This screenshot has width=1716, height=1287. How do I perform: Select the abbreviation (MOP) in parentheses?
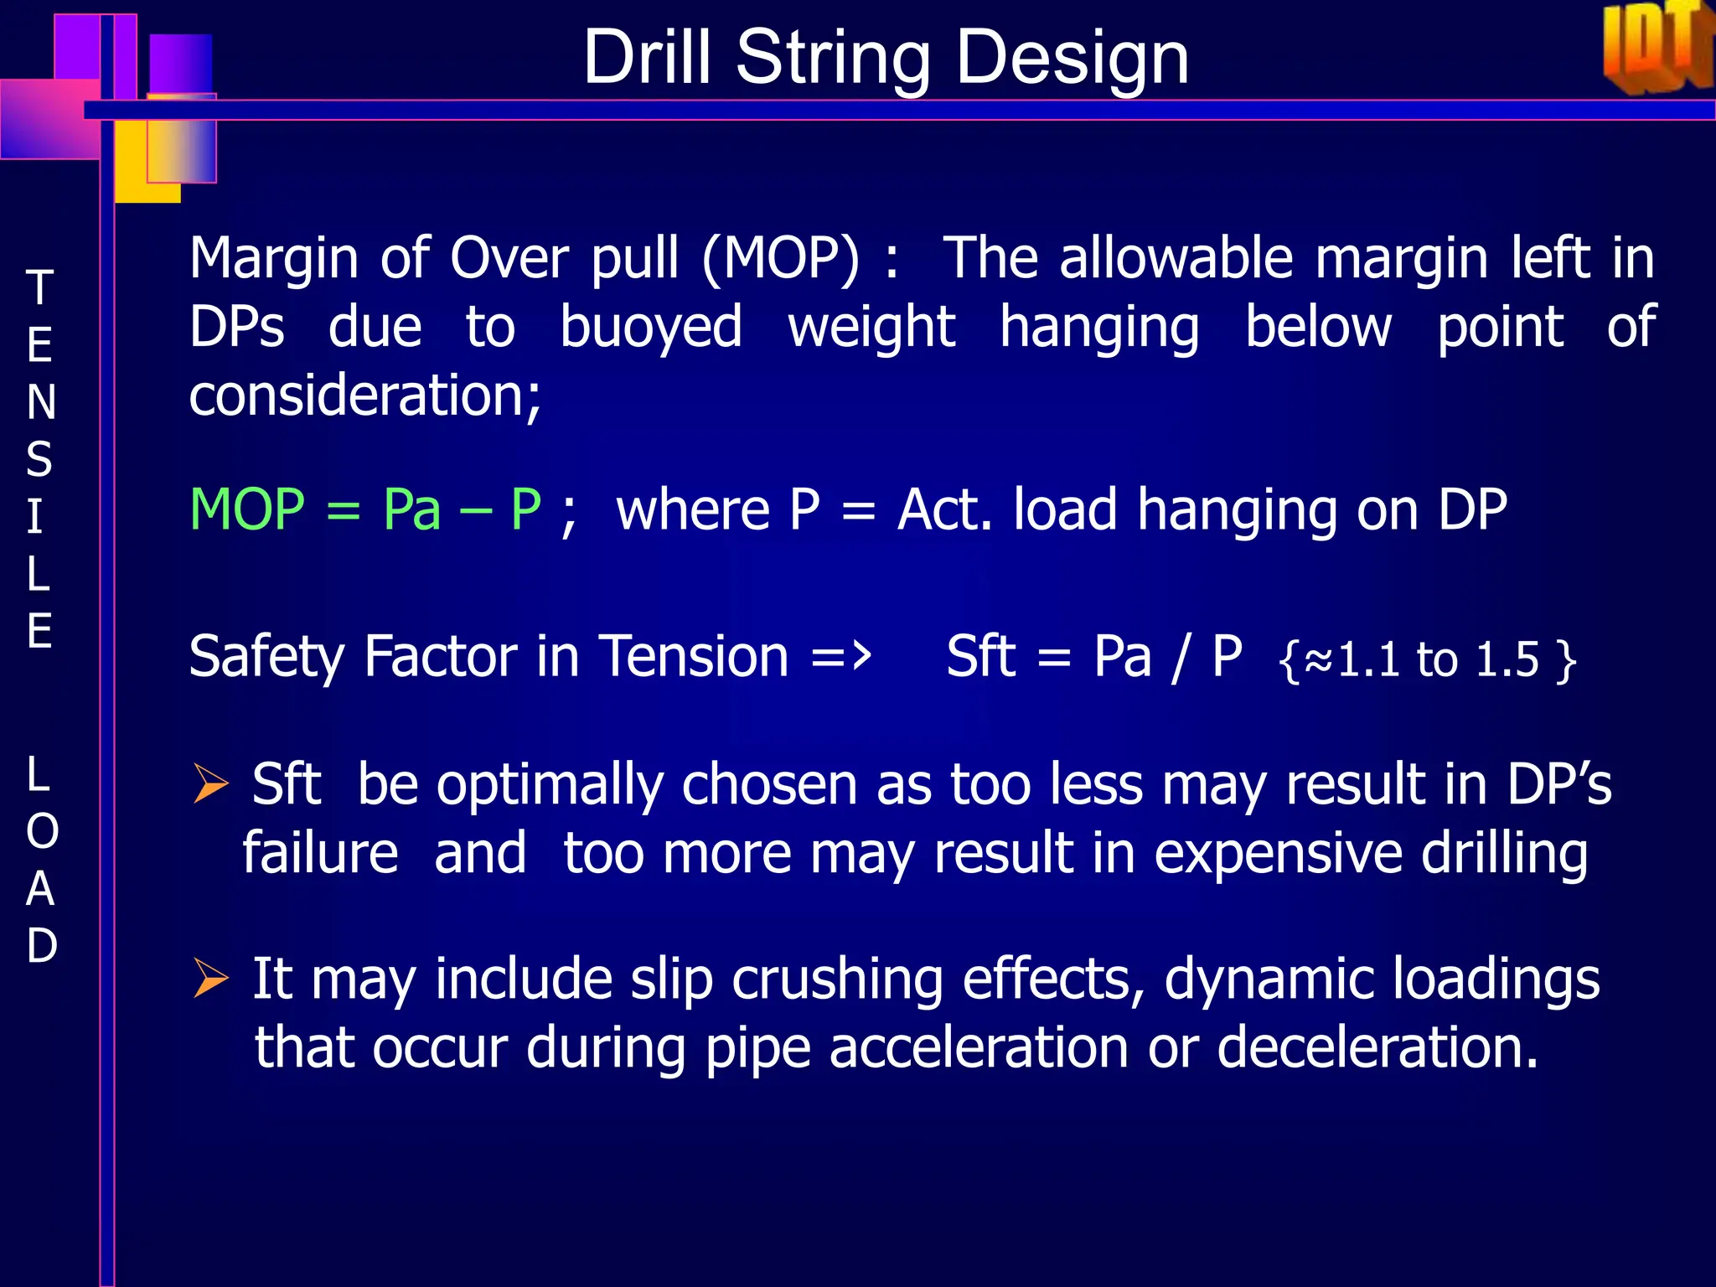coord(781,258)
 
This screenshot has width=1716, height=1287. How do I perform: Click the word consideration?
coord(365,395)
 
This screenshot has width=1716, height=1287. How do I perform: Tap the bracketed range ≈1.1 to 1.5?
coord(1428,659)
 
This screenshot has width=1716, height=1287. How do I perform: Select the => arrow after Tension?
coord(841,656)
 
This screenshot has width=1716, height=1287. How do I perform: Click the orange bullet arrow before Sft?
coord(210,784)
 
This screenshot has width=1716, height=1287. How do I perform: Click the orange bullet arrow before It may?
coord(210,978)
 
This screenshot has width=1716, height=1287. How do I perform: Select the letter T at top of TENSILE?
coord(39,288)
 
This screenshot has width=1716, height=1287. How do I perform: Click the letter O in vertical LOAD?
coord(42,831)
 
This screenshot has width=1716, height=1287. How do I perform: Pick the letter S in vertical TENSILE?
coord(39,460)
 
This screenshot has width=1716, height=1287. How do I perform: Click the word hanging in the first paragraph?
coord(1099,327)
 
